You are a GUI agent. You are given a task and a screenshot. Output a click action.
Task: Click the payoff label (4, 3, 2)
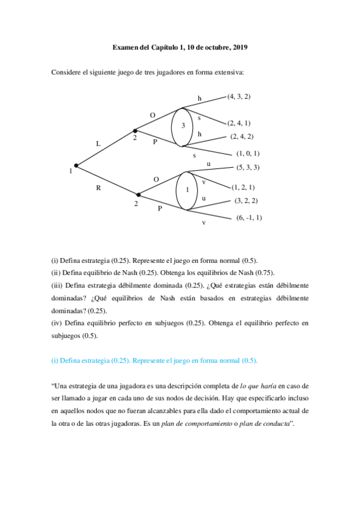239,96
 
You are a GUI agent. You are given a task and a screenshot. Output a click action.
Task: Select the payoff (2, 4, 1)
239,122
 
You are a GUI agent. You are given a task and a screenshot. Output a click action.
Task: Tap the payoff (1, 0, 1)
248,153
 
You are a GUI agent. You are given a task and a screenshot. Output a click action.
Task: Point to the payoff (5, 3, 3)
248,167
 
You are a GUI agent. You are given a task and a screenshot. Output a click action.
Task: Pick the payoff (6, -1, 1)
249,217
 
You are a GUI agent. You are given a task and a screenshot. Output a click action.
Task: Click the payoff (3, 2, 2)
246,200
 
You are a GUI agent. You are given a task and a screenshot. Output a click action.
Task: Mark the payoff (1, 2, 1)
243,187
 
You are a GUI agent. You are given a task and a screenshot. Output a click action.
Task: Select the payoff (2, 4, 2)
242,136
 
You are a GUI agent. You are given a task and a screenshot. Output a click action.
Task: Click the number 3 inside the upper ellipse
183,126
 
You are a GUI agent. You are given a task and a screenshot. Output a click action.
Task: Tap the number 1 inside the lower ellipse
187,190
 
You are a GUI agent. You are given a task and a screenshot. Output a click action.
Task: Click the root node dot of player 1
76,165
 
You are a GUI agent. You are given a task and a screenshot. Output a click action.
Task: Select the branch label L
99,143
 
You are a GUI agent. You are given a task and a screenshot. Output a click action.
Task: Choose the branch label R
99,188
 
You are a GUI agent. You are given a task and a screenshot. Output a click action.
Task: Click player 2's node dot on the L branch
135,130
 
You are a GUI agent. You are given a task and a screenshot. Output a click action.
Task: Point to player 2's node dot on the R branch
139,194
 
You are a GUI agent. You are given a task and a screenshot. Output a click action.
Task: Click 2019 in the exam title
240,46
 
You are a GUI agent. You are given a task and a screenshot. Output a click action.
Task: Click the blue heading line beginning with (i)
154,360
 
